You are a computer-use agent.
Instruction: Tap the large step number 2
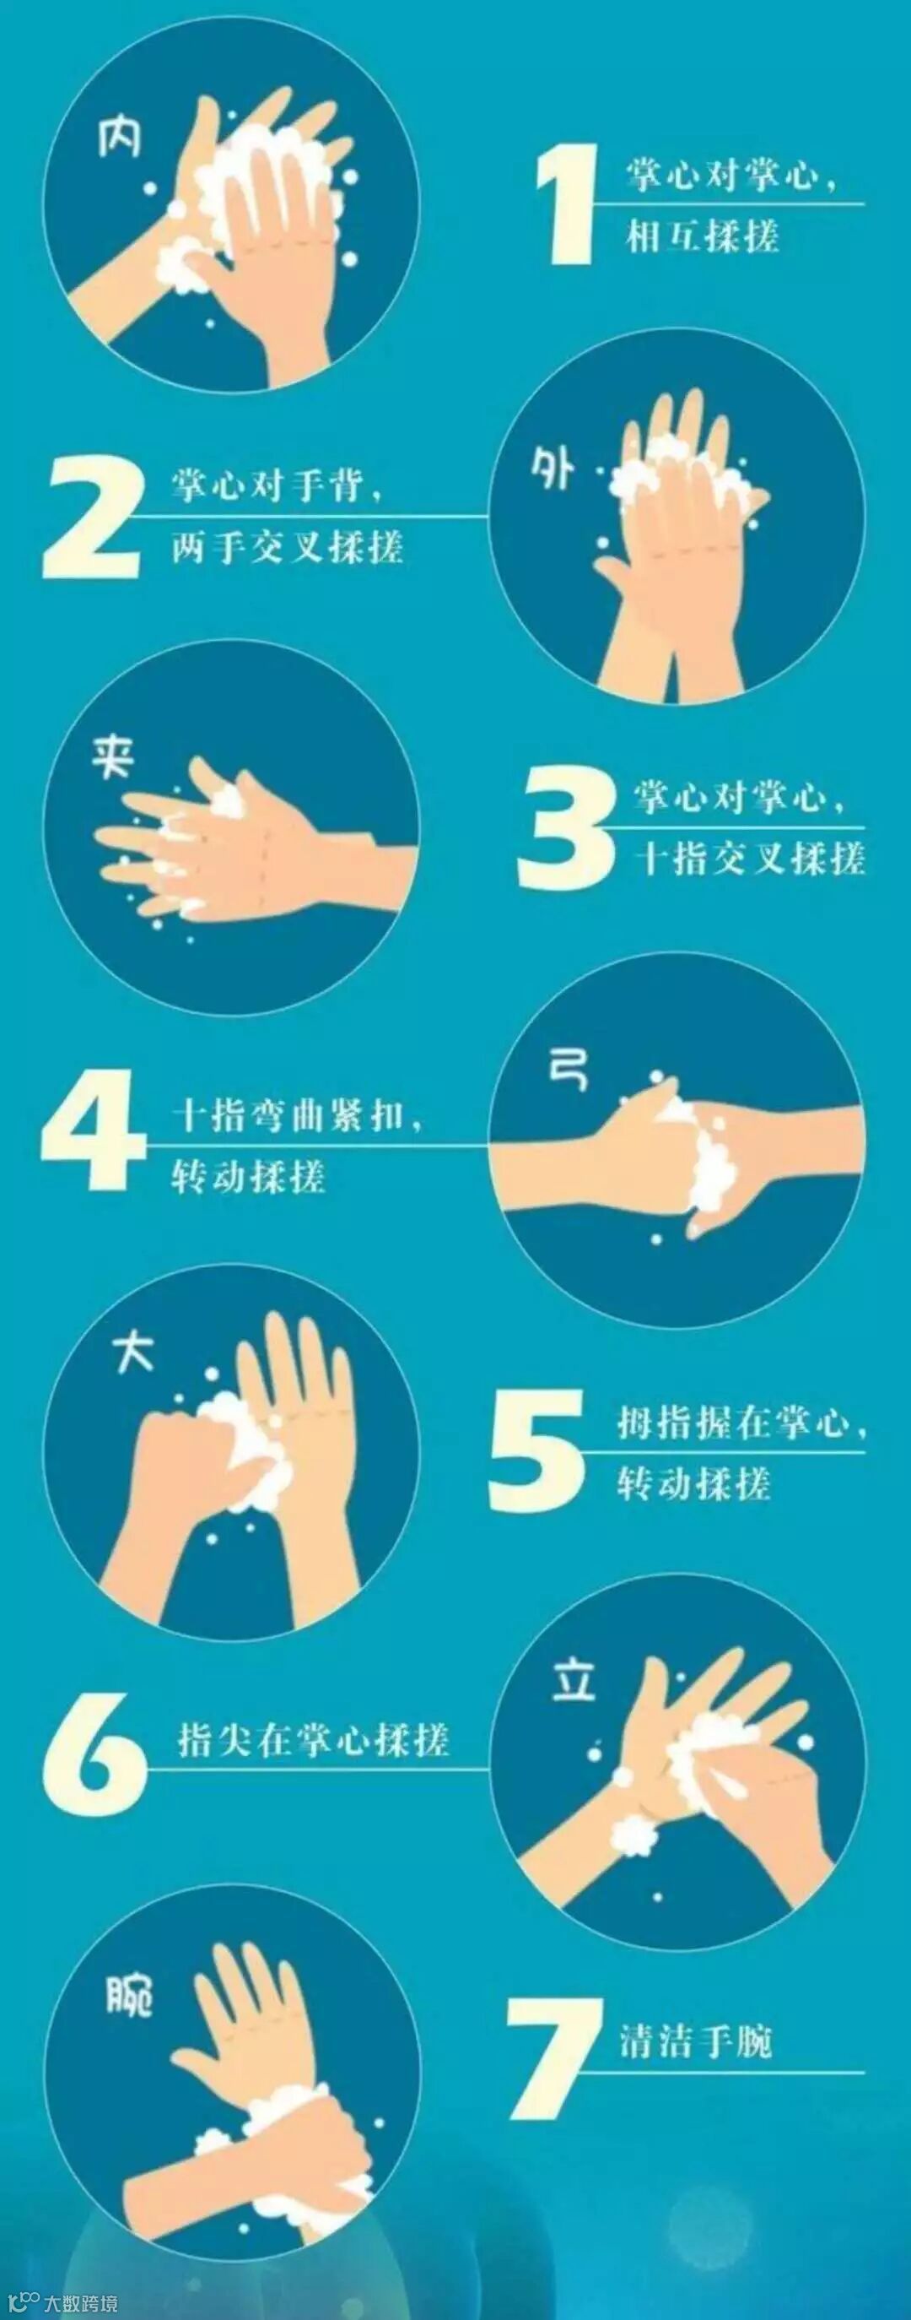pyautogui.click(x=92, y=518)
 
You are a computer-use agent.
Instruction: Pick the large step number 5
pyautogui.click(x=537, y=1450)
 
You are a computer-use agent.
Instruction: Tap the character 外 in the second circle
pyautogui.click(x=553, y=469)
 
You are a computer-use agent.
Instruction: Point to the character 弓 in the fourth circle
pyautogui.click(x=569, y=1069)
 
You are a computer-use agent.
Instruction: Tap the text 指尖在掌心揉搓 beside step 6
pyautogui.click(x=313, y=1739)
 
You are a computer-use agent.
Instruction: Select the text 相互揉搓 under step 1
pyautogui.click(x=702, y=236)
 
